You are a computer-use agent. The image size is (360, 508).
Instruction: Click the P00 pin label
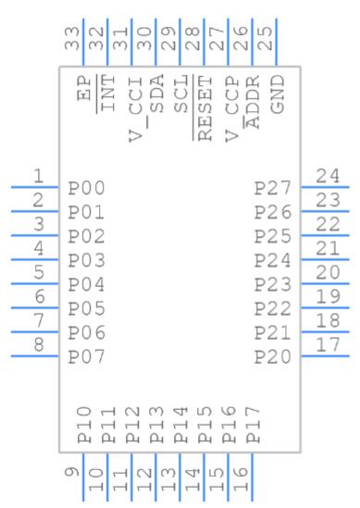click(x=86, y=188)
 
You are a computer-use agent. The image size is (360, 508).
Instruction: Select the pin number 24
click(x=328, y=176)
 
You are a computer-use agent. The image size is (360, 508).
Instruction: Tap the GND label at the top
click(x=278, y=94)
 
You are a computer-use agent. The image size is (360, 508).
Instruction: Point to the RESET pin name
click(x=205, y=108)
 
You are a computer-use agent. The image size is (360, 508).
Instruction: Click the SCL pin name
click(x=180, y=94)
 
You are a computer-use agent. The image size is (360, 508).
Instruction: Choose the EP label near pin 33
click(x=84, y=88)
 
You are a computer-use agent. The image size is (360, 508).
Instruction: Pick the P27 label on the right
click(x=272, y=188)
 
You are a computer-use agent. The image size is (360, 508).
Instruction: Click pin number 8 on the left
click(x=39, y=345)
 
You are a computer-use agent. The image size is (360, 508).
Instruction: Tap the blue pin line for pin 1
click(x=34, y=187)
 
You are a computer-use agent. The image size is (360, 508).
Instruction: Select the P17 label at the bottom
click(x=254, y=425)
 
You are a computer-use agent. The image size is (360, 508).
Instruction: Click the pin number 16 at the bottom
click(x=241, y=479)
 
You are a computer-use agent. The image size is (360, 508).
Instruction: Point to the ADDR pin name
click(x=253, y=102)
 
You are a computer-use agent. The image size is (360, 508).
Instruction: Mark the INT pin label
click(x=108, y=93)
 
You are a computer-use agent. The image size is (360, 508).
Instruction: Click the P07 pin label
click(x=86, y=357)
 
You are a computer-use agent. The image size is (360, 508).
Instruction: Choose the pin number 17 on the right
click(x=328, y=345)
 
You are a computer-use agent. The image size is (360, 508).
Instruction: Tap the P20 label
click(x=272, y=357)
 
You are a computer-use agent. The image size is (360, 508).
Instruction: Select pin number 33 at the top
click(x=72, y=38)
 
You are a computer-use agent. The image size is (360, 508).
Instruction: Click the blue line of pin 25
click(x=277, y=43)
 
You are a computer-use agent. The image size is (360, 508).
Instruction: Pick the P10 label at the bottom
click(x=84, y=425)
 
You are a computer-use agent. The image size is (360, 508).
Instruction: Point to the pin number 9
click(x=72, y=472)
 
